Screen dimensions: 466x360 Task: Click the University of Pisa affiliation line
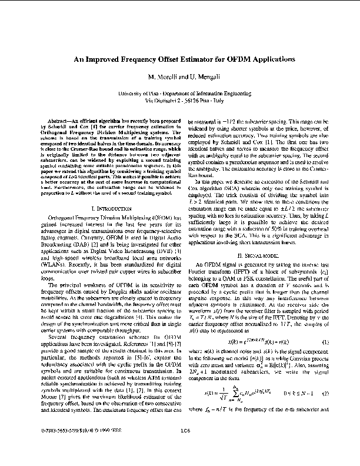[x=180, y=94]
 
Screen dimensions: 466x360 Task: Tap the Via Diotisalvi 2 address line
[x=180, y=101]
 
